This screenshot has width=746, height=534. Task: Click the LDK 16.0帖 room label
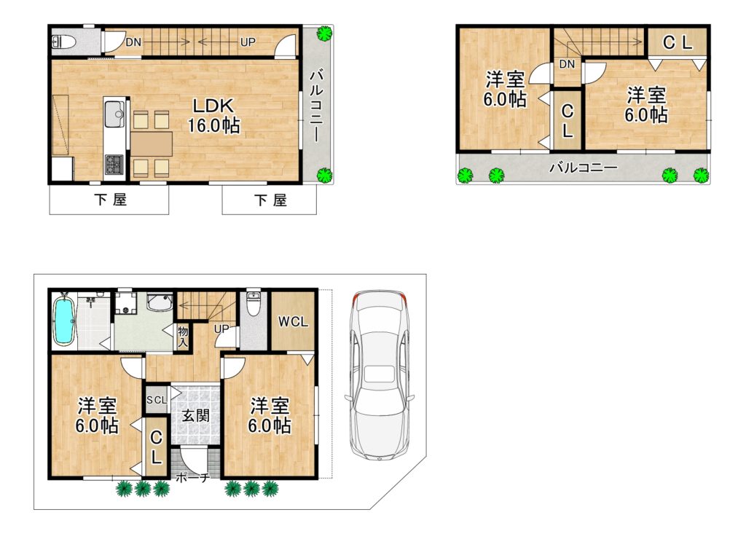click(213, 116)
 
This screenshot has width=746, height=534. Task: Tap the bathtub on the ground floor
click(63, 320)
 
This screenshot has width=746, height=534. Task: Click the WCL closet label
click(293, 322)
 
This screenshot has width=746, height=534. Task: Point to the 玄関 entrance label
click(195, 415)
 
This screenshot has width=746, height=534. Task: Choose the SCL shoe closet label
click(157, 400)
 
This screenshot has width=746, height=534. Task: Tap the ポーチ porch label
click(192, 477)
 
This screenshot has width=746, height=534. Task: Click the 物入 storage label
click(183, 337)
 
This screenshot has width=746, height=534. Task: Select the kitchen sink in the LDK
click(114, 114)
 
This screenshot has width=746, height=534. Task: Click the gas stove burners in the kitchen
click(114, 164)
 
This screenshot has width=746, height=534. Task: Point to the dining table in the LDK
click(152, 144)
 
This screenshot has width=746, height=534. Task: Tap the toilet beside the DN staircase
click(63, 42)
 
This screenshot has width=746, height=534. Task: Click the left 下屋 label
click(110, 200)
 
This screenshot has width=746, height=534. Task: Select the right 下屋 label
click(270, 200)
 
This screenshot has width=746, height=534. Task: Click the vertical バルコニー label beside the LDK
click(316, 106)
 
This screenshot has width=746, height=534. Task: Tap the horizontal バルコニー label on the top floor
click(584, 168)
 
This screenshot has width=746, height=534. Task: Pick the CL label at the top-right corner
click(678, 43)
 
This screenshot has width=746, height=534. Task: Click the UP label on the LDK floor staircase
click(248, 42)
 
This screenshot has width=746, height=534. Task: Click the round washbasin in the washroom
click(158, 302)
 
